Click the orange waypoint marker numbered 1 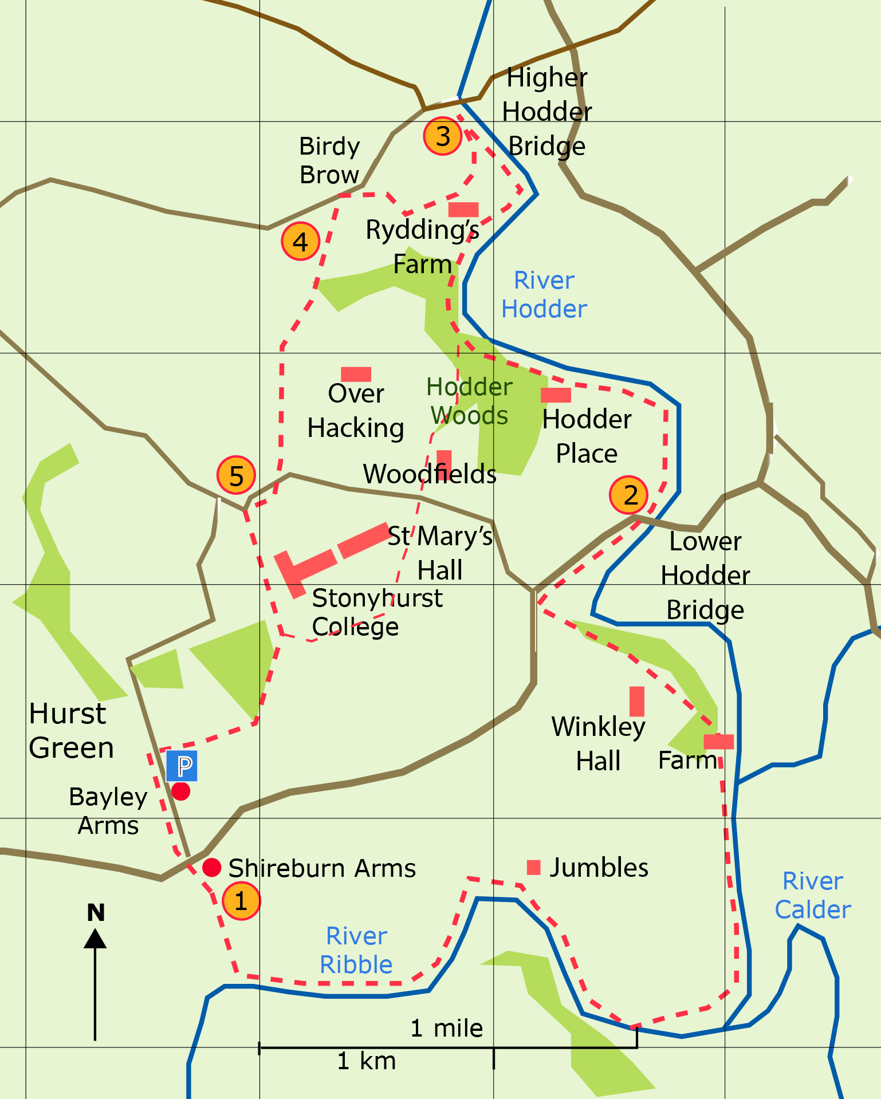pyautogui.click(x=241, y=901)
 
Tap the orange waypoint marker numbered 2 pyautogui.click(x=629, y=495)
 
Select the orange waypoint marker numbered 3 pyautogui.click(x=443, y=136)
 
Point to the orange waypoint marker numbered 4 pyautogui.click(x=300, y=242)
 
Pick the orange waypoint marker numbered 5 pyautogui.click(x=236, y=475)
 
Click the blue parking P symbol pyautogui.click(x=182, y=766)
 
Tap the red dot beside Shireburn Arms pyautogui.click(x=212, y=868)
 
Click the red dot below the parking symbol pyautogui.click(x=181, y=791)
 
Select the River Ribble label pyautogui.click(x=356, y=951)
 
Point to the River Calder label pyautogui.click(x=813, y=895)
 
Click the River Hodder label pyautogui.click(x=544, y=295)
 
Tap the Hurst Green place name pyautogui.click(x=71, y=731)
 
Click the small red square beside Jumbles pyautogui.click(x=534, y=867)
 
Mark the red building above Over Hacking pyautogui.click(x=356, y=375)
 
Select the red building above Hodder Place pyautogui.click(x=556, y=395)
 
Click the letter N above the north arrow pyautogui.click(x=96, y=912)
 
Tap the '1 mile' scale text pyautogui.click(x=447, y=1029)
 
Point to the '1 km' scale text pyautogui.click(x=367, y=1061)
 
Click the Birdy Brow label pyautogui.click(x=329, y=160)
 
